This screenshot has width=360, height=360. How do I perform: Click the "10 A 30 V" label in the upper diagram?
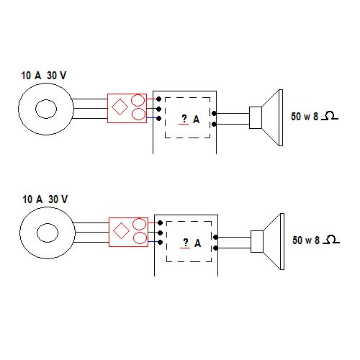[44, 76]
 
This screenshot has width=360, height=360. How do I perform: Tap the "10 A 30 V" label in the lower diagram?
[45, 199]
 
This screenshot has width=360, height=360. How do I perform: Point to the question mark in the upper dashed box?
[184, 118]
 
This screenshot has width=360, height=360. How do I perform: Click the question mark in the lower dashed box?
[186, 242]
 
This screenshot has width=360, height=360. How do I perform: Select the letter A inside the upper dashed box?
[197, 120]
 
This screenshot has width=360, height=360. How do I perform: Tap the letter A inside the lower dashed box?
[198, 243]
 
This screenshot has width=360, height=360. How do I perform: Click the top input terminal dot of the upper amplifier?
[158, 99]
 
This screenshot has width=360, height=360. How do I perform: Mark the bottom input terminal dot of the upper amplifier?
[158, 118]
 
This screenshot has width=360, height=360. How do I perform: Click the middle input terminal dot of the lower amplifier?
[160, 233]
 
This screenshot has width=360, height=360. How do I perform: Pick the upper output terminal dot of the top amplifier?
[214, 113]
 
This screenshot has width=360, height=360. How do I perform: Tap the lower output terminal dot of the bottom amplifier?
[215, 248]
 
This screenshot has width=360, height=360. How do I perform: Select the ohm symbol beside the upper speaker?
[330, 116]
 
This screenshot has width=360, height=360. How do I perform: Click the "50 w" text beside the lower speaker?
[302, 240]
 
